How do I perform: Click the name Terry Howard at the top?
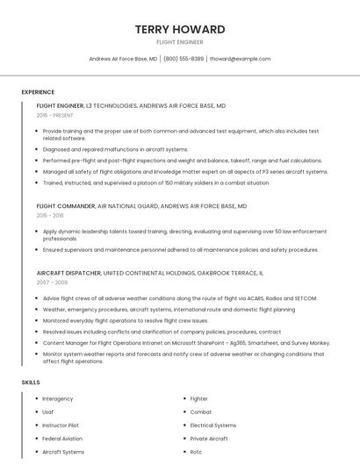tap(180, 29)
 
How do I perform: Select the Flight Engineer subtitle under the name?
tap(180, 42)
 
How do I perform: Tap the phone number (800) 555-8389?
tap(184, 59)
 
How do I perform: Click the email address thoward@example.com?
tap(241, 59)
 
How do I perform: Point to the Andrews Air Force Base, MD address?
tap(124, 59)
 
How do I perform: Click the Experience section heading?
tap(38, 92)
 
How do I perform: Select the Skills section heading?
tap(31, 383)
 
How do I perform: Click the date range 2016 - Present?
tap(54, 115)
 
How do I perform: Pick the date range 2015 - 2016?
tap(50, 215)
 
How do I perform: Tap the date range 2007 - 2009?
tap(51, 283)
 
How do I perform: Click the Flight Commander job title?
tap(66, 206)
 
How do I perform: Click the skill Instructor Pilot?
tap(61, 425)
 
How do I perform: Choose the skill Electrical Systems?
tap(213, 425)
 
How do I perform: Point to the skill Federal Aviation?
tap(62, 438)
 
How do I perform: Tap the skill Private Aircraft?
tap(209, 438)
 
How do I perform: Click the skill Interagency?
tap(58, 398)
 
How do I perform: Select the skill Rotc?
tap(196, 452)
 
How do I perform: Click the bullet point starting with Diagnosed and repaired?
tap(115, 149)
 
